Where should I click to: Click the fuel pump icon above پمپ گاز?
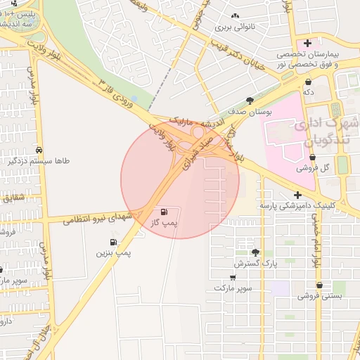click(164, 212)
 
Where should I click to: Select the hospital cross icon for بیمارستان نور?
click(307, 44)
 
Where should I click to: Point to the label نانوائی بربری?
click(233, 28)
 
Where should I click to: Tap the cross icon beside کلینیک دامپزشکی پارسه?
click(298, 195)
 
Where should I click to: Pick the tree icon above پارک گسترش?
click(255, 252)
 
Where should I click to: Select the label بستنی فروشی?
click(319, 296)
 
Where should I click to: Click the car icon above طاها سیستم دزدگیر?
click(39, 151)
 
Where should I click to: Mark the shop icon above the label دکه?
click(307, 82)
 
